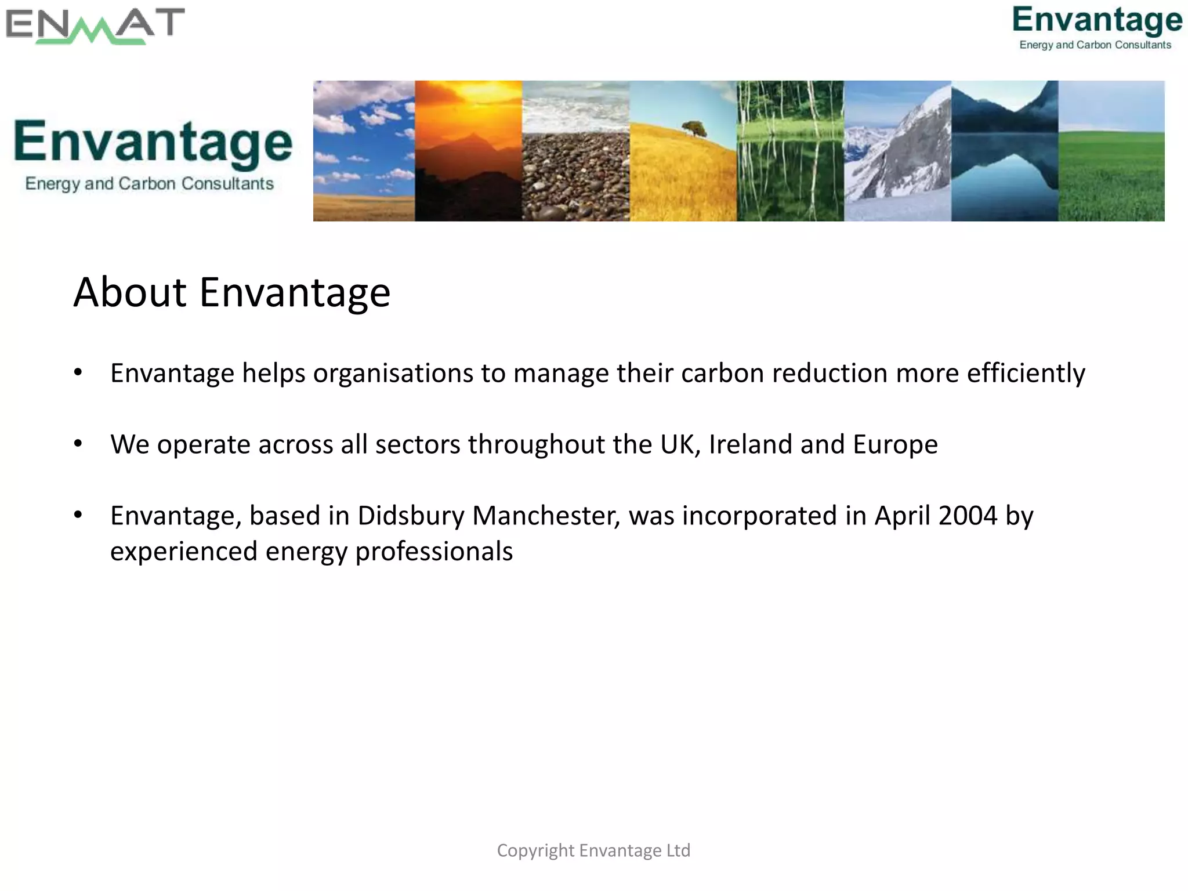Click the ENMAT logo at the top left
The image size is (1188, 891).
click(95, 26)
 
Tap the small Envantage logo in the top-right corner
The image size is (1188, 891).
click(1096, 27)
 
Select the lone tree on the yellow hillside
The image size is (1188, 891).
click(694, 128)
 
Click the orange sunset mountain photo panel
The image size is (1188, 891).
click(468, 151)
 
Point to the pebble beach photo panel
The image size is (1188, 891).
click(575, 151)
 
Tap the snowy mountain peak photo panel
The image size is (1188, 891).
click(897, 151)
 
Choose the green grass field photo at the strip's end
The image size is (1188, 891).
click(1111, 151)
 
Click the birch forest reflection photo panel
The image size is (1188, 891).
click(790, 151)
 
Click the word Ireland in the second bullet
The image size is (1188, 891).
click(751, 444)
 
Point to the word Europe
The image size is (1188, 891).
click(895, 444)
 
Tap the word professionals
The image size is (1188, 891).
click(434, 551)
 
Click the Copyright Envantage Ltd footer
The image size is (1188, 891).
click(593, 850)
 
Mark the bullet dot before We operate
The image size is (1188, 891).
click(78, 444)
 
